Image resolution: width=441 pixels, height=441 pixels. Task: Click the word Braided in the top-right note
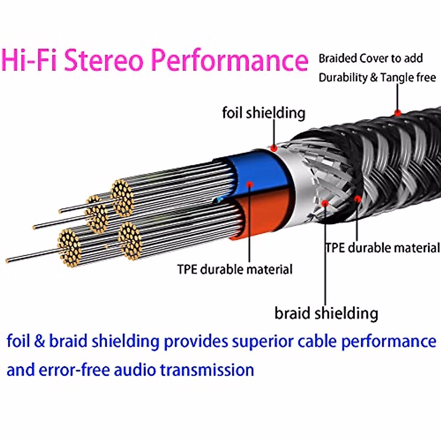(338, 58)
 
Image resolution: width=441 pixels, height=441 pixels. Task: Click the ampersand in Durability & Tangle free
(374, 78)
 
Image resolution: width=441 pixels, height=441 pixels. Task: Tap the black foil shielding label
(263, 113)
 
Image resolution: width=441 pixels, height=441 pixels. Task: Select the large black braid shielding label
(326, 313)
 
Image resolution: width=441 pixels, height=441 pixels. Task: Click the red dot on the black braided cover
(398, 112)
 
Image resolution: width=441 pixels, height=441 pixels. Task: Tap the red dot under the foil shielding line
(274, 148)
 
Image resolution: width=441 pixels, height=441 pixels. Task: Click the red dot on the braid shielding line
(325, 203)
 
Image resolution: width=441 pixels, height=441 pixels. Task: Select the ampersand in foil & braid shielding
(39, 341)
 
